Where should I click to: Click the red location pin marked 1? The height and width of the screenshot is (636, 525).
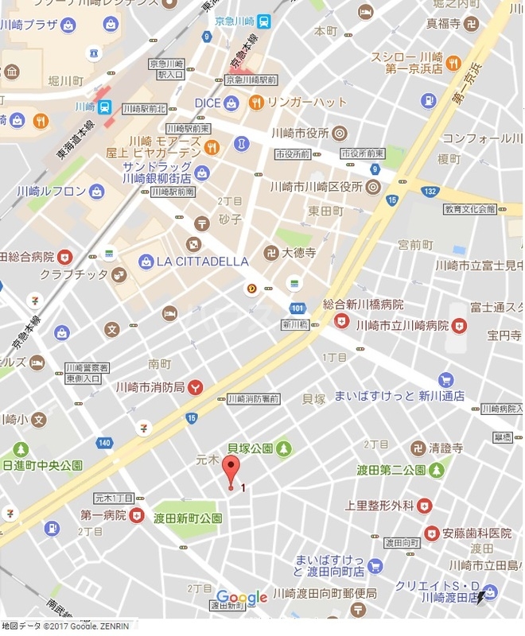coord(231,471)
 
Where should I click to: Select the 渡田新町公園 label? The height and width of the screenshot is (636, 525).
coord(189,518)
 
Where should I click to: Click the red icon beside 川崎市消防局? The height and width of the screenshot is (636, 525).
coord(195,387)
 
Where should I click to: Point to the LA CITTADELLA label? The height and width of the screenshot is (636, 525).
coord(202,261)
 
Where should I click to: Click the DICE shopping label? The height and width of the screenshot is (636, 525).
coord(207,103)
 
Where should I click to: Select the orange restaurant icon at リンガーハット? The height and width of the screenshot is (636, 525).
coord(256,102)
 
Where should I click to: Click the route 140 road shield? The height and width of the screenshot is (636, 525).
coord(105,443)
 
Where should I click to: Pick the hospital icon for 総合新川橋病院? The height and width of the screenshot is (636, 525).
coord(342,320)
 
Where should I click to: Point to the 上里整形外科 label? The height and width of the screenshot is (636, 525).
coord(379,505)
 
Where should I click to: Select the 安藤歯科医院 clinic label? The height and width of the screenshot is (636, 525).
coord(477,533)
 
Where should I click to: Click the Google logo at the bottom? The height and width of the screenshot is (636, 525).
coord(242,598)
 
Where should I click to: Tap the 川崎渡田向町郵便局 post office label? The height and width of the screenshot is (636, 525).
coord(320,594)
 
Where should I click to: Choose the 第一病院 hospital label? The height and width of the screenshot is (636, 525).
coord(104,515)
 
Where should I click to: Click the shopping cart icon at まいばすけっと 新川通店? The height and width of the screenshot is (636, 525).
coord(445,381)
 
